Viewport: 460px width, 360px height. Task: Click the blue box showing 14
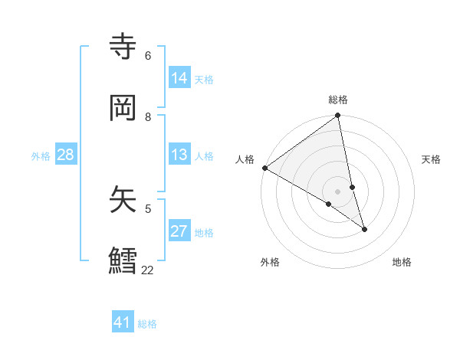(x=179, y=78)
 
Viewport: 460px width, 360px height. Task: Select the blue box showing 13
(x=179, y=155)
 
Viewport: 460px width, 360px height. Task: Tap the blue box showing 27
(x=179, y=231)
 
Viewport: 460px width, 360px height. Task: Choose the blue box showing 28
(x=65, y=155)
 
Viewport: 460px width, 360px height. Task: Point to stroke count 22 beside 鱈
(x=147, y=270)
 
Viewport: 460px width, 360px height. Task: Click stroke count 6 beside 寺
(x=148, y=55)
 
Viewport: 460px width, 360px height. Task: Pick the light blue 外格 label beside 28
(x=41, y=156)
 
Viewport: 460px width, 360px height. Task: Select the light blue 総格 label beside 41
(x=147, y=324)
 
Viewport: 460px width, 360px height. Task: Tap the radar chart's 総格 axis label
(x=338, y=100)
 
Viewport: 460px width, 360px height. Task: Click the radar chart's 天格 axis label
(x=432, y=159)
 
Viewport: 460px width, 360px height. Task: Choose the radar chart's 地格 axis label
(x=402, y=262)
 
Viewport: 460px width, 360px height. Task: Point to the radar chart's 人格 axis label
(x=245, y=159)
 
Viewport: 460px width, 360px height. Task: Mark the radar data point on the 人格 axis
(x=264, y=168)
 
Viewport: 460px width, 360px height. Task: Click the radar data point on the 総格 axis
(x=338, y=116)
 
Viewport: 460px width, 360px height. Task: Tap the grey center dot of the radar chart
(x=338, y=191)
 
